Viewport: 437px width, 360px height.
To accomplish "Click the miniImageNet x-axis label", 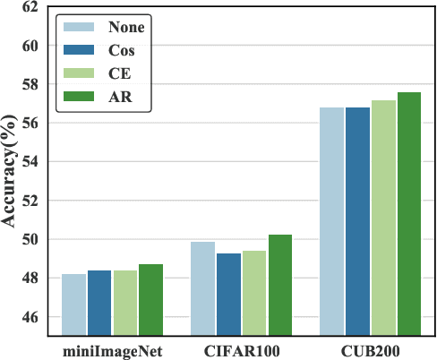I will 112,350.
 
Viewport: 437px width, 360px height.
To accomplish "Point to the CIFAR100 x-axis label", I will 241,350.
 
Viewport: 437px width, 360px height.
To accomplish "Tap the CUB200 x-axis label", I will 371,350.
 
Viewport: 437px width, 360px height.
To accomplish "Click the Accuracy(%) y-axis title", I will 11,170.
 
